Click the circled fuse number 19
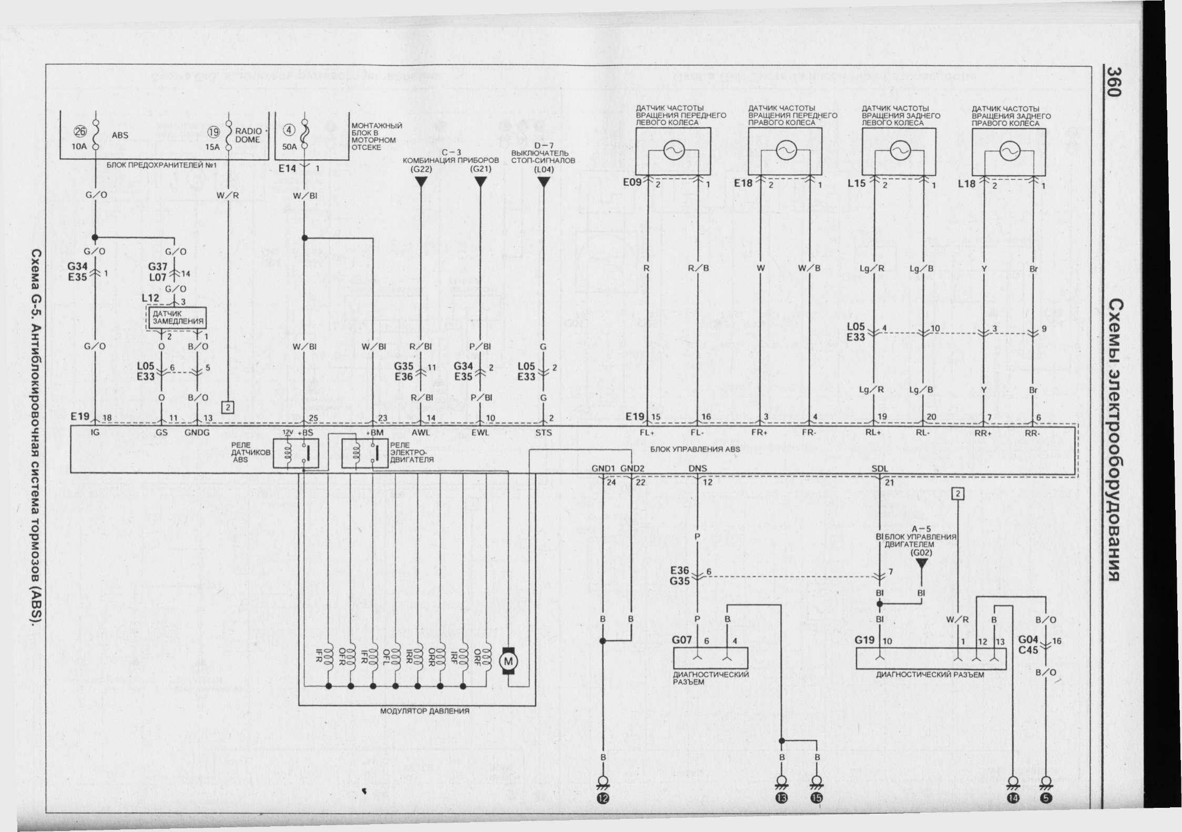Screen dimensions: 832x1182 pos(214,133)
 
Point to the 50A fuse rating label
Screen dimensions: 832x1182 pos(289,147)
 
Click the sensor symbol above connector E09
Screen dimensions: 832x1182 pos(672,151)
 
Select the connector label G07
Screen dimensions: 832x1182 pos(682,641)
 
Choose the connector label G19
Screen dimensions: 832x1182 pos(865,641)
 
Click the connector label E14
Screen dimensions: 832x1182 pos(288,169)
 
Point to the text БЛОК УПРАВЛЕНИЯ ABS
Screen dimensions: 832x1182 pos(695,449)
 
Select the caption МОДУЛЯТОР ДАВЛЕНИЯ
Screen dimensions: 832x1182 pos(424,711)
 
